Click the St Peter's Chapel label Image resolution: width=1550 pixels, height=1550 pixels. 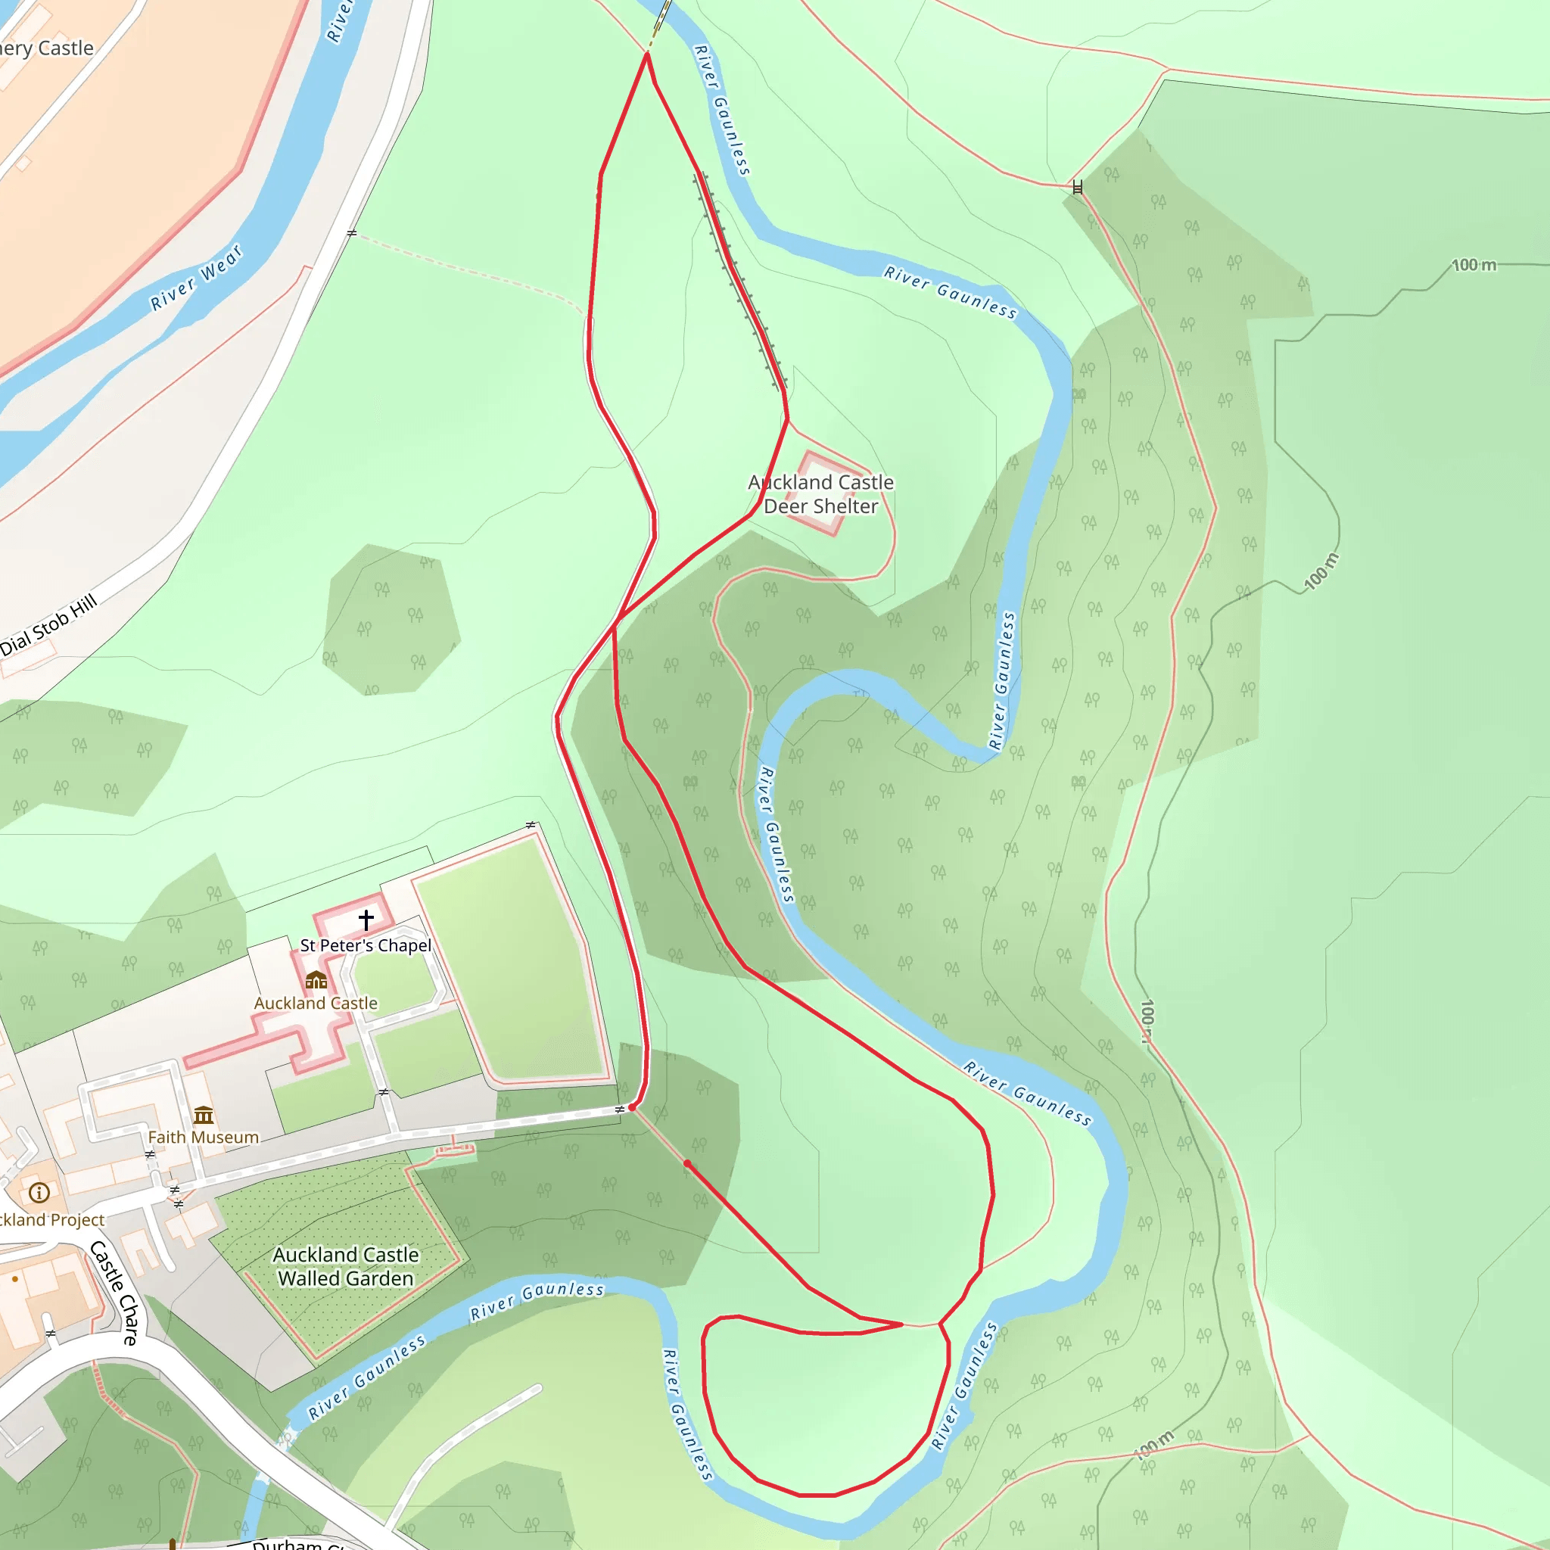pos(365,945)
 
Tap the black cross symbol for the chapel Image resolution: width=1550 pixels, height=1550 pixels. pos(366,919)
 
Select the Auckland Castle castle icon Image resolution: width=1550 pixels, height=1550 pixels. pos(316,979)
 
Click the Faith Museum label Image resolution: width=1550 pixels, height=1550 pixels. pos(203,1137)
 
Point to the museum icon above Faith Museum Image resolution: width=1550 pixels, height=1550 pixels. pos(204,1114)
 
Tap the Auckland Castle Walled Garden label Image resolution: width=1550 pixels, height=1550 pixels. pos(346,1266)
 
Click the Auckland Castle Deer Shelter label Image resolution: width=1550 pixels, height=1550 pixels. pos(820,494)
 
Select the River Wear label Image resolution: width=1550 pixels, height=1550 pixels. pos(197,279)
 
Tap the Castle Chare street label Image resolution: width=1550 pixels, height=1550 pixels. pos(114,1293)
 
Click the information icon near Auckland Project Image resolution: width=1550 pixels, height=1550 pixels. pos(39,1193)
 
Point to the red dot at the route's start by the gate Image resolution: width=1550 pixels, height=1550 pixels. pos(632,1107)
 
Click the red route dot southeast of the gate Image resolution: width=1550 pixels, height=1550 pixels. pos(687,1163)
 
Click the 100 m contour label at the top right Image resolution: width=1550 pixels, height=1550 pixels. pos(1474,265)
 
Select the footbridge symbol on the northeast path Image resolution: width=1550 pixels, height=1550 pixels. pos(1078,188)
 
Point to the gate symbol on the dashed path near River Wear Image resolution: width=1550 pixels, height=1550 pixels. pos(351,233)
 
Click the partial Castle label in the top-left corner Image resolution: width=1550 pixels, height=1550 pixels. pos(46,48)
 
